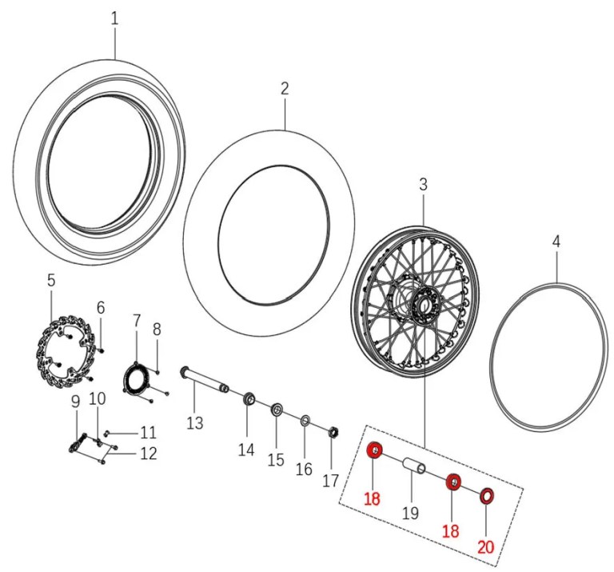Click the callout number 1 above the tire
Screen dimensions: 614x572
click(114, 19)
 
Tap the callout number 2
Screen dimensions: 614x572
click(285, 89)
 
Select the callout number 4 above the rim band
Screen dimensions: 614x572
click(556, 242)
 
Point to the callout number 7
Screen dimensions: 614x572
click(136, 321)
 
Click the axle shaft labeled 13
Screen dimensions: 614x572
click(205, 380)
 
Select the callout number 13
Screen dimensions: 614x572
click(195, 423)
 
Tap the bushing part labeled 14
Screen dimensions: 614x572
click(249, 399)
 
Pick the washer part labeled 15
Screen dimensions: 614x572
click(277, 410)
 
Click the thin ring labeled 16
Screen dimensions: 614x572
click(305, 422)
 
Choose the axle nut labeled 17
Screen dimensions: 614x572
click(333, 433)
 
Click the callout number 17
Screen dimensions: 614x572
click(330, 480)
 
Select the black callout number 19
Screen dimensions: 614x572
click(410, 513)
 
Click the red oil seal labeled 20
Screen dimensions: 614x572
click(487, 496)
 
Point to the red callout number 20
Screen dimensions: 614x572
click(485, 546)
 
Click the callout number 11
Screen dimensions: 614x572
click(148, 433)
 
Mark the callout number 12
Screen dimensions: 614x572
click(148, 454)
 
